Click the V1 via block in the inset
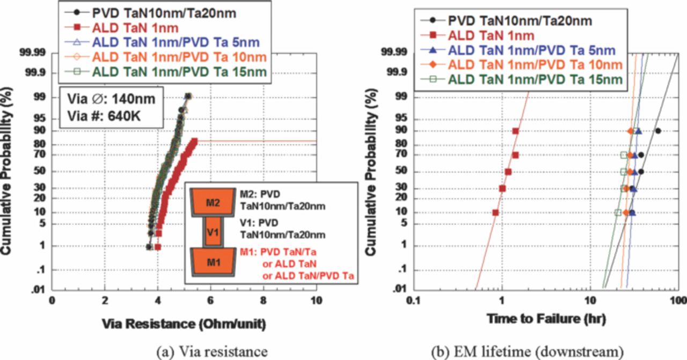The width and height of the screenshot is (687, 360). point(213,232)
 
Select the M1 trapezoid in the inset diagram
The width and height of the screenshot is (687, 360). point(213,262)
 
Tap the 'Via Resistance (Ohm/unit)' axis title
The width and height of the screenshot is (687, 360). point(184,324)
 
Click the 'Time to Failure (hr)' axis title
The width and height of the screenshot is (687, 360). point(546,319)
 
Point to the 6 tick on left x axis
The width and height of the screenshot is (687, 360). point(210,300)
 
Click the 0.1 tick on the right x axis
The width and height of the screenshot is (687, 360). point(413,300)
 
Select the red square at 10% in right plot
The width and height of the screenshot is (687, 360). point(495,212)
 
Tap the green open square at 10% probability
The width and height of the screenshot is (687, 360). point(618,212)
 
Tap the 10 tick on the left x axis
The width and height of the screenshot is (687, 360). point(316,300)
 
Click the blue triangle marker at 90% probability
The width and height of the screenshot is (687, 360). point(638,131)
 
